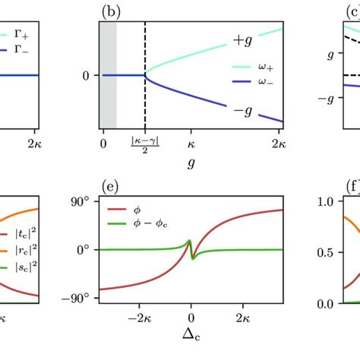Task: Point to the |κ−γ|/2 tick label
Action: point(145,144)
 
